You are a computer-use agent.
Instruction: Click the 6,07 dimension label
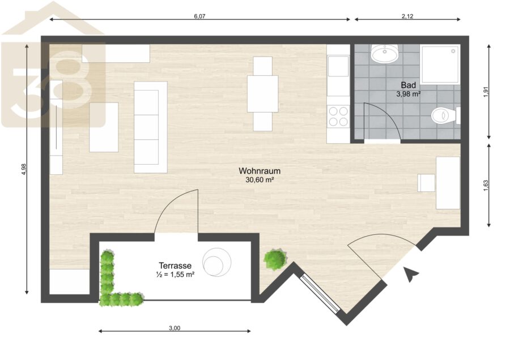tap(199, 16)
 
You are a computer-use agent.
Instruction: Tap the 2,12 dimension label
tap(407, 16)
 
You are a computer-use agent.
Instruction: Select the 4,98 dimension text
tap(23, 169)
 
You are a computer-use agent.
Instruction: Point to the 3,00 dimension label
tap(175, 328)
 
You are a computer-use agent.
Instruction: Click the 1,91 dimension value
tap(486, 92)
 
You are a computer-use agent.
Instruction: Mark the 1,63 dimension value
tap(486, 185)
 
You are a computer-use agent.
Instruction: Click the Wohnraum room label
tap(260, 171)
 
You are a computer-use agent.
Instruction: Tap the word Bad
tap(408, 85)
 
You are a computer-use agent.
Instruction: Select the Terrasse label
tap(175, 265)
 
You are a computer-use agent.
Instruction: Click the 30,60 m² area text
tap(260, 179)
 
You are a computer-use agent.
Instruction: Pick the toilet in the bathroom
tap(445, 115)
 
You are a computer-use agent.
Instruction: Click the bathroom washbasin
tap(385, 53)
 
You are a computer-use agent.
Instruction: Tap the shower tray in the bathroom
tap(440, 65)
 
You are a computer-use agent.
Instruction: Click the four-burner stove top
tap(338, 116)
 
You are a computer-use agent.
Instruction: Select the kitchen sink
tap(338, 66)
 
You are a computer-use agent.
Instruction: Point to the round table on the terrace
tap(216, 262)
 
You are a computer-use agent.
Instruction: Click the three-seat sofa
tap(151, 127)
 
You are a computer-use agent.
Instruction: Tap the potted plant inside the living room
tap(275, 259)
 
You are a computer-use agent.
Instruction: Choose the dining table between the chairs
tap(262, 94)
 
